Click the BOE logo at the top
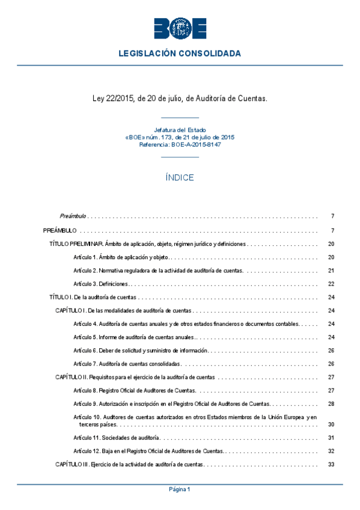pos(180,28)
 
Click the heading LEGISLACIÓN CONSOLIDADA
pos(180,54)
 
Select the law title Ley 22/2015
pos(180,97)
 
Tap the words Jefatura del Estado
pos(180,129)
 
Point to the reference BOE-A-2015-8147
pos(180,145)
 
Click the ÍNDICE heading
pos(180,177)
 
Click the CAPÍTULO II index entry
pos(135,377)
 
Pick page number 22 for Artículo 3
pos(331,284)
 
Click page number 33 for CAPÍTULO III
pos(331,464)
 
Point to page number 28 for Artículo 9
pos(331,404)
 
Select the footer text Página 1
pos(180,490)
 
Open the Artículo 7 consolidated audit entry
pos(126,364)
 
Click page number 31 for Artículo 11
pos(331,437)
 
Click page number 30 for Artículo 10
pos(331,424)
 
